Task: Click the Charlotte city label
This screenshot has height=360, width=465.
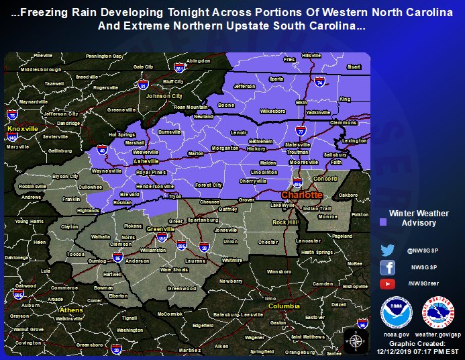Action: (x=301, y=195)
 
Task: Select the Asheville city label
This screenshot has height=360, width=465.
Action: (x=146, y=162)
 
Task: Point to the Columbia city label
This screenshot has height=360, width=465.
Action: (x=284, y=306)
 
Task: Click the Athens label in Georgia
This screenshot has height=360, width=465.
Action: (x=72, y=310)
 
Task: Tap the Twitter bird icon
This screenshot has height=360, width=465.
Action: (x=388, y=250)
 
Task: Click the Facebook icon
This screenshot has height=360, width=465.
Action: (x=388, y=267)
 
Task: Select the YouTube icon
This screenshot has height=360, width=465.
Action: (x=388, y=283)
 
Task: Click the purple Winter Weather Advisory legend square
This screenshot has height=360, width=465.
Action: (x=383, y=221)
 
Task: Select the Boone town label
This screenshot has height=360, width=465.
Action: (x=226, y=105)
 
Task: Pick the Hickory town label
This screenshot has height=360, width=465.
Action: (x=256, y=148)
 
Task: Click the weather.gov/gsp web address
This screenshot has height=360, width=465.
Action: (x=437, y=334)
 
